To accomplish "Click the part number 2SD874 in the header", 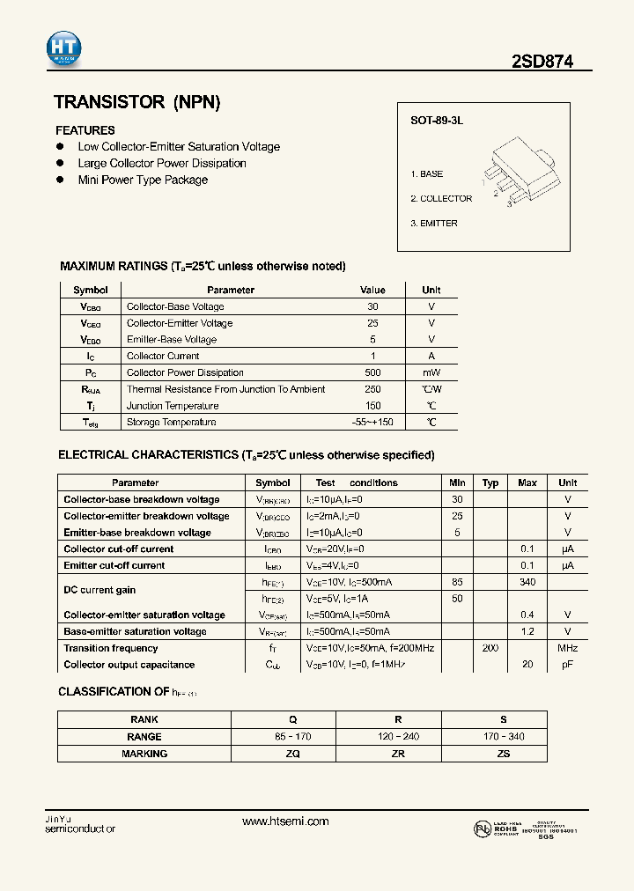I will [x=542, y=62].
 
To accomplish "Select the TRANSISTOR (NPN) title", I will [x=136, y=102].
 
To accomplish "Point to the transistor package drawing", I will [x=519, y=176].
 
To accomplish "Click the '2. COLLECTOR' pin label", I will [x=441, y=199].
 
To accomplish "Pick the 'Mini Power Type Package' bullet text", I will [x=143, y=180].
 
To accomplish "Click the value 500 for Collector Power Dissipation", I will [x=372, y=372].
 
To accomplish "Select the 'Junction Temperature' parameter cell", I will [x=172, y=406].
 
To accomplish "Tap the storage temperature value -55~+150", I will [x=372, y=423].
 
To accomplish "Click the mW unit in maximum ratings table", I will [x=431, y=372].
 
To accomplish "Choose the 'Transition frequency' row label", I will [x=111, y=648].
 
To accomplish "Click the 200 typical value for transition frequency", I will [x=490, y=648].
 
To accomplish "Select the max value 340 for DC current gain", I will [x=527, y=582].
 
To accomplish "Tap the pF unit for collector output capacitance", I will [x=568, y=665].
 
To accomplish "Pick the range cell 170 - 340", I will [x=503, y=737].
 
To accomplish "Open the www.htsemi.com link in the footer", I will [x=285, y=821].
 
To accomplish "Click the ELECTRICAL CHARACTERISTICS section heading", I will [x=246, y=455].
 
